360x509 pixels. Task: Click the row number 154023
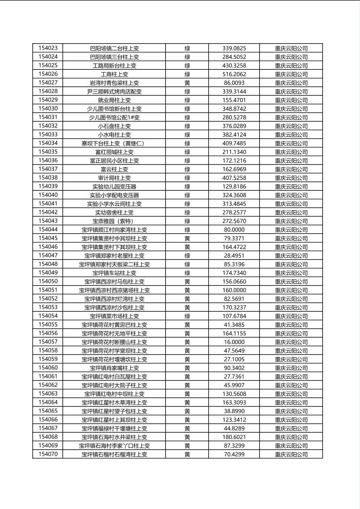tap(48, 48)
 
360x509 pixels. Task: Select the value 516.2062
tap(234, 74)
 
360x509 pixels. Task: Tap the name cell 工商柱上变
tap(114, 74)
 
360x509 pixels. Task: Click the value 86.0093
tap(234, 83)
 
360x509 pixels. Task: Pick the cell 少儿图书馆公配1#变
tap(114, 117)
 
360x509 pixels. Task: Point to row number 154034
tap(48, 143)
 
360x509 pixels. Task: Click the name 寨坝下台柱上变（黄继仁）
tap(114, 143)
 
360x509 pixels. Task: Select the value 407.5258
tap(234, 178)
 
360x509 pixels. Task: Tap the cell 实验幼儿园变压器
tap(114, 186)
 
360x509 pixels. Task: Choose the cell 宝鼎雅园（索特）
tap(114, 221)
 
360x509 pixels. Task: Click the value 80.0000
tap(234, 229)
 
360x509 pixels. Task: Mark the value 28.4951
tap(234, 256)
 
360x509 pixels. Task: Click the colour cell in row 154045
tap(187, 238)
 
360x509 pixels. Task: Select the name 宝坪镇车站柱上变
tap(114, 273)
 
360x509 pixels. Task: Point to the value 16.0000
tap(234, 342)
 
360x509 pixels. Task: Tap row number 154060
tap(48, 368)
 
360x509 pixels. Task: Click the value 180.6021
tap(234, 437)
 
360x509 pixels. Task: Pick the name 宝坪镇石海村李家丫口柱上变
tap(114, 446)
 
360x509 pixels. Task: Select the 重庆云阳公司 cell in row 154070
tap(291, 455)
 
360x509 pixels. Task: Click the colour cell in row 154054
tap(187, 316)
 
